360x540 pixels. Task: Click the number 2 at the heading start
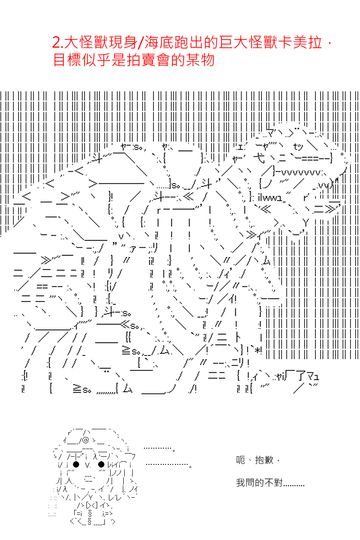pos(56,43)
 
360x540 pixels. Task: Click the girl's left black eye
pos(76,464)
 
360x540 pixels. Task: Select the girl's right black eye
pos(101,464)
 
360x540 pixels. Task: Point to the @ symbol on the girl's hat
pos(86,440)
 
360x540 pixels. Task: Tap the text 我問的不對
pos(259,482)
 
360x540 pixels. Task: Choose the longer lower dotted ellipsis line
pos(169,464)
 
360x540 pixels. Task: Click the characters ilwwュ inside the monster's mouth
pos(270,198)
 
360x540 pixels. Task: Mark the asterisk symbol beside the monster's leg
pos(258,351)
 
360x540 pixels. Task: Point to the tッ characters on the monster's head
pos(298,147)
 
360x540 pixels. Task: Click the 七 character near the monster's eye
pos(259,158)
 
